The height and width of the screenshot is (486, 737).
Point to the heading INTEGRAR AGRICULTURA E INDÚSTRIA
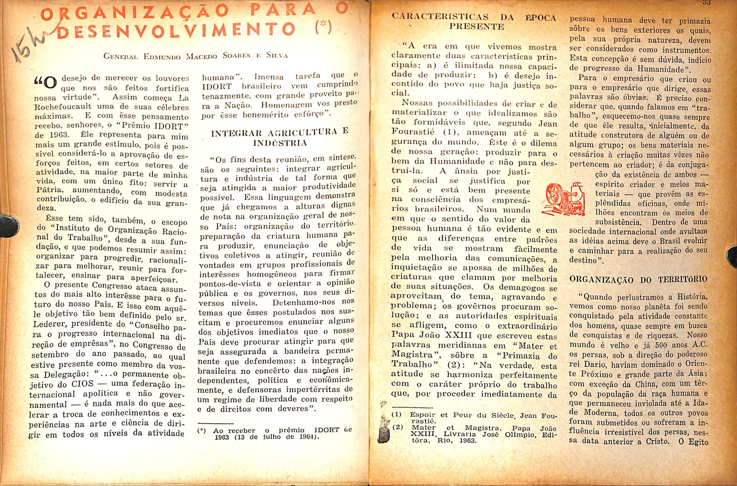tap(280, 138)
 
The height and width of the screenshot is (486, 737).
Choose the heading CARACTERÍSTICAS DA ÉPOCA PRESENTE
tap(474, 21)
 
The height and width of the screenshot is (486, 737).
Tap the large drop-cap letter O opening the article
tap(50, 83)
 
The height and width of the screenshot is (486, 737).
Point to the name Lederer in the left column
tap(50, 324)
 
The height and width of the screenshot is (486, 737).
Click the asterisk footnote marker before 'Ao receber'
tap(202, 431)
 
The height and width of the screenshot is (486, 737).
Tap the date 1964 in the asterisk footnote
tap(305, 437)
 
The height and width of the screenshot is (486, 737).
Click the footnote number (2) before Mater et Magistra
tap(397, 427)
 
